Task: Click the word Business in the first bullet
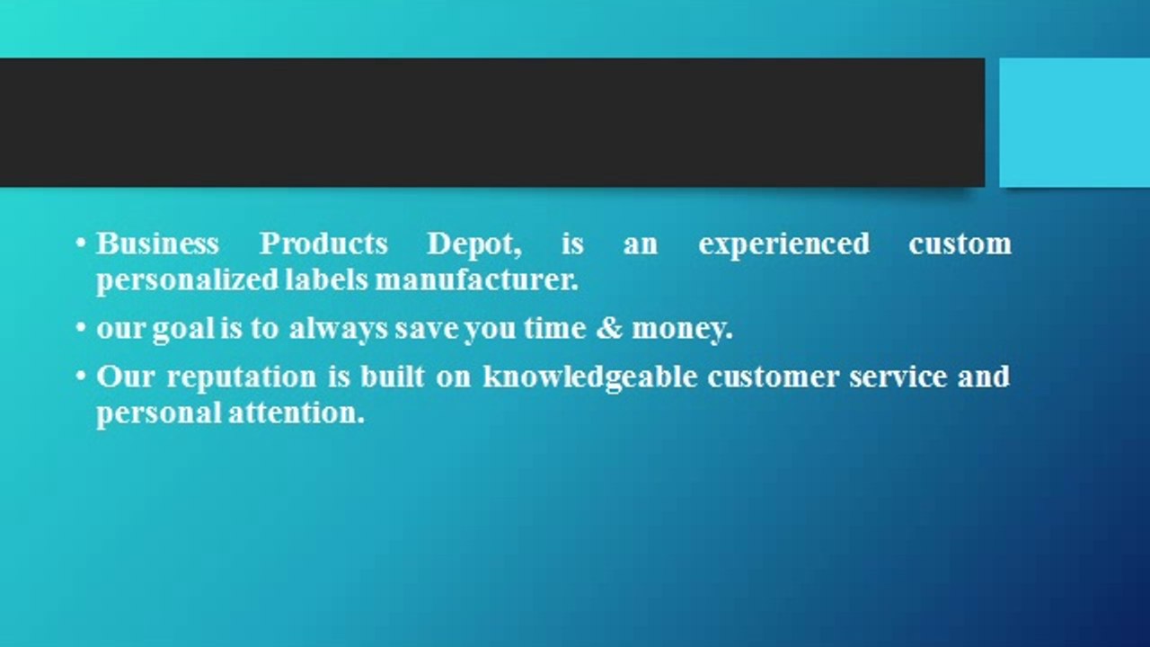pyautogui.click(x=157, y=244)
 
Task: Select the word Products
pyautogui.click(x=323, y=244)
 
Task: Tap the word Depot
pyautogui.click(x=474, y=244)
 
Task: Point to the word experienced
pyautogui.click(x=783, y=244)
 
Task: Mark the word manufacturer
pyautogui.click(x=476, y=280)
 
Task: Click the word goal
pyautogui.click(x=183, y=329)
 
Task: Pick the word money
pyautogui.click(x=682, y=329)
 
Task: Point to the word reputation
pyautogui.click(x=242, y=377)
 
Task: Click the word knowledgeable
pyautogui.click(x=589, y=377)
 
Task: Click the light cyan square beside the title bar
pyautogui.click(x=1075, y=122)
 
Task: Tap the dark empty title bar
pyautogui.click(x=491, y=122)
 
